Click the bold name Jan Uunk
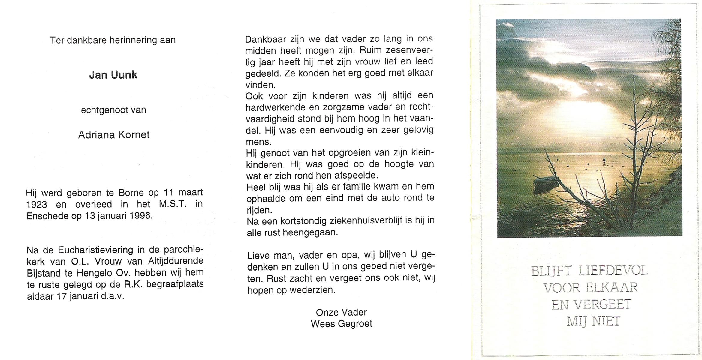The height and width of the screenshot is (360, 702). (113, 75)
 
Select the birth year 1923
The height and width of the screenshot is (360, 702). (37, 205)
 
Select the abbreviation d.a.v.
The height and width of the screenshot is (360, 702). (112, 296)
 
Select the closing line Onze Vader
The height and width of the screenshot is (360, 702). (341, 313)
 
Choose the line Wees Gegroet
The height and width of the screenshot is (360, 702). (342, 324)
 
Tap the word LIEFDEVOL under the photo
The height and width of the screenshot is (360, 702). (613, 271)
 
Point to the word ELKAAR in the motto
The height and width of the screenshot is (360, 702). (611, 288)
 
